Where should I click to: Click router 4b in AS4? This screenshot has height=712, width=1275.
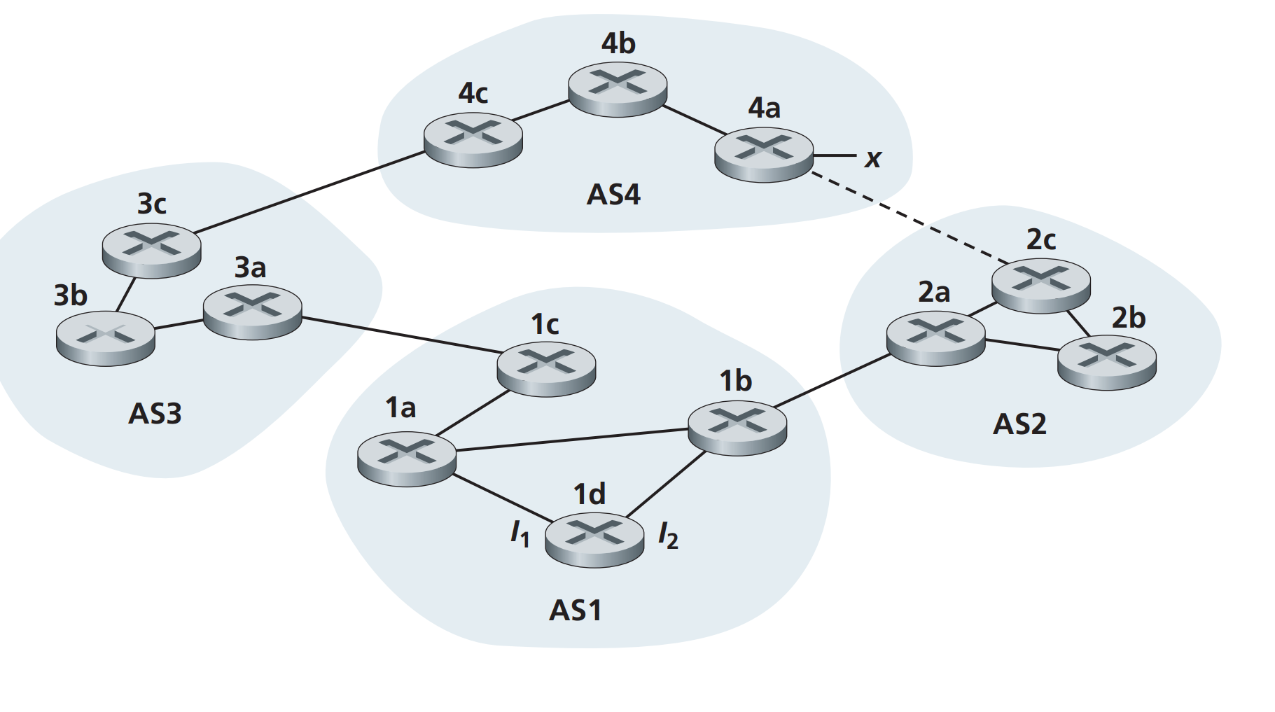[617, 88]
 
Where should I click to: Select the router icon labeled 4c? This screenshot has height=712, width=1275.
[473, 139]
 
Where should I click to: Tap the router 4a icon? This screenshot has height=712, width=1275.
[763, 153]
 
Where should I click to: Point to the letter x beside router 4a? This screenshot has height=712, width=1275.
[872, 158]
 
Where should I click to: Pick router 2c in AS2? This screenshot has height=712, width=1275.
[1040, 284]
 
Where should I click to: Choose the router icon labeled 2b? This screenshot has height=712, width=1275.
[1106, 361]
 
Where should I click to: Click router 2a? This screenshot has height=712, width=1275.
[935, 337]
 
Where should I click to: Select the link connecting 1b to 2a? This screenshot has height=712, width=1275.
[833, 381]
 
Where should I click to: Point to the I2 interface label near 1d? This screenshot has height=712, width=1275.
[668, 537]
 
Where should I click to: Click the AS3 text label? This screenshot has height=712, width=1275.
[155, 414]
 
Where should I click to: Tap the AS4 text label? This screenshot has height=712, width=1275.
[613, 194]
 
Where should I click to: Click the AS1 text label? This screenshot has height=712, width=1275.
[575, 610]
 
